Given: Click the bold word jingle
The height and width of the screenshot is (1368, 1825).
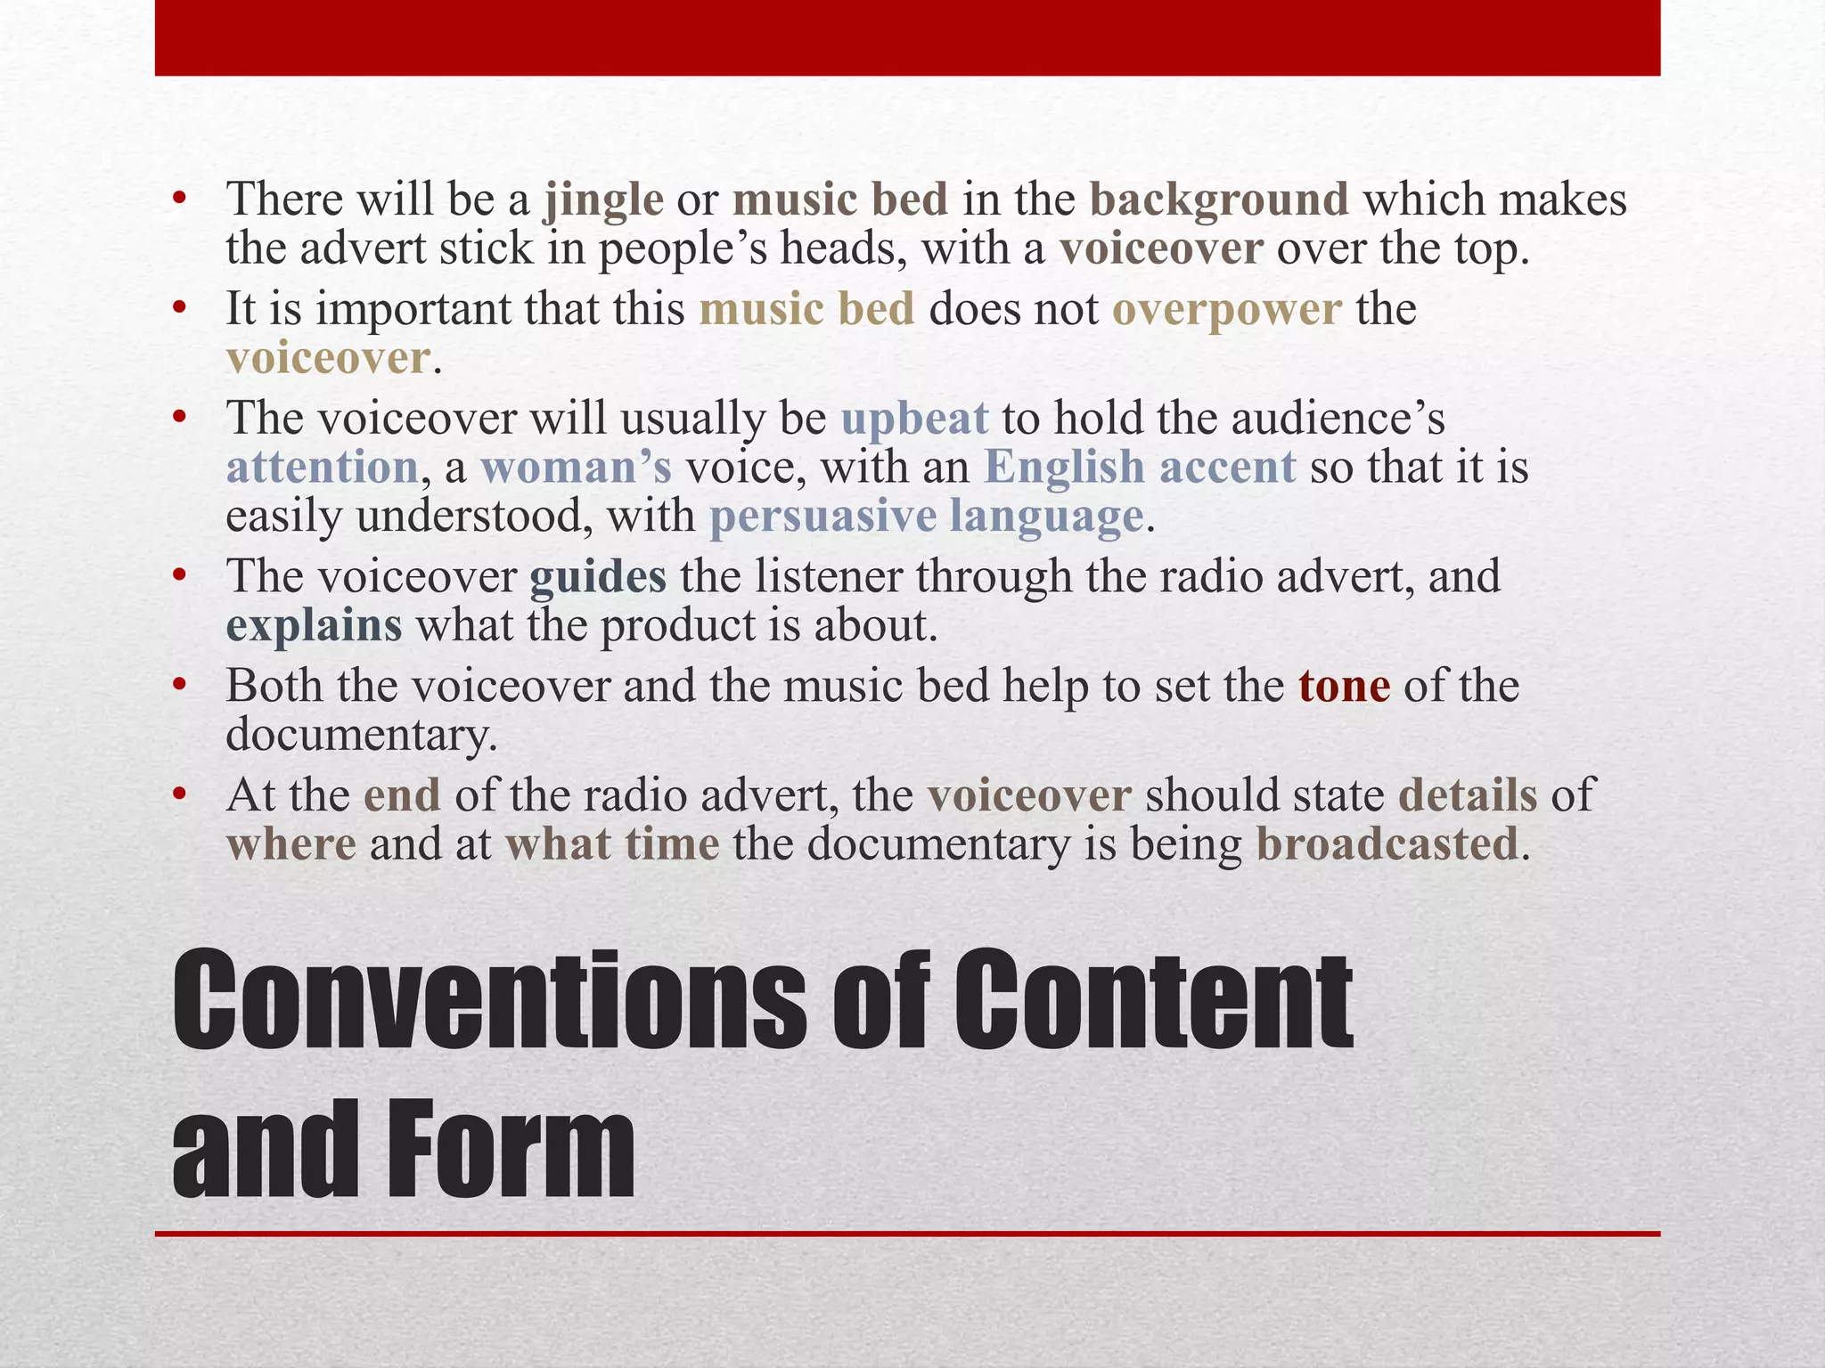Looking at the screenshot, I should tap(604, 200).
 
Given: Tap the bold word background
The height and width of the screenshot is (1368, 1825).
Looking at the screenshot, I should tap(1219, 200).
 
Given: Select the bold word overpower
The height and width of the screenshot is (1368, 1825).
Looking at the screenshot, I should tap(1226, 310).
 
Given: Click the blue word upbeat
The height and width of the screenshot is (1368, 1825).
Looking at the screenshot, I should tap(914, 419).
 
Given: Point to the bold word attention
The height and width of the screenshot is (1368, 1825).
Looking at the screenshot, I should tap(322, 468).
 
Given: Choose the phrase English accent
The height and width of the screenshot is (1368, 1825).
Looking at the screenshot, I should tap(1140, 468).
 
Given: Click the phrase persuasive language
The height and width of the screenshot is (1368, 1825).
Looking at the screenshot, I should tap(926, 517).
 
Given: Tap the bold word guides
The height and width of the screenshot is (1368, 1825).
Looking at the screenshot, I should tap(598, 577).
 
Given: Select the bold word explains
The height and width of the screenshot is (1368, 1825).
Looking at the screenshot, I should tap(314, 626).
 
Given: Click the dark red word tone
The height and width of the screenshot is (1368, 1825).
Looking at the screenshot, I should tap(1344, 687).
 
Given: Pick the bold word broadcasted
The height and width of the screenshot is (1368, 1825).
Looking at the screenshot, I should tap(1387, 844).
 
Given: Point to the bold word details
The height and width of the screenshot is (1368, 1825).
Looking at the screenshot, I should tap(1468, 795).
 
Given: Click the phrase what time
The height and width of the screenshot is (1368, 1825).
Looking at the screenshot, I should tap(612, 844).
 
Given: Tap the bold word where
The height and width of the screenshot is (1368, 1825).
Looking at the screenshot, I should tap(291, 844).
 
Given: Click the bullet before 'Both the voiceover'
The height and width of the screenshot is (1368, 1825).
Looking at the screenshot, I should tap(181, 685).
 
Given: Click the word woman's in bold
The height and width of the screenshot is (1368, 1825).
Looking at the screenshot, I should tap(576, 468).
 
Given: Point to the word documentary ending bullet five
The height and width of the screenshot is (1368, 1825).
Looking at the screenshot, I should tap(360, 736).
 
